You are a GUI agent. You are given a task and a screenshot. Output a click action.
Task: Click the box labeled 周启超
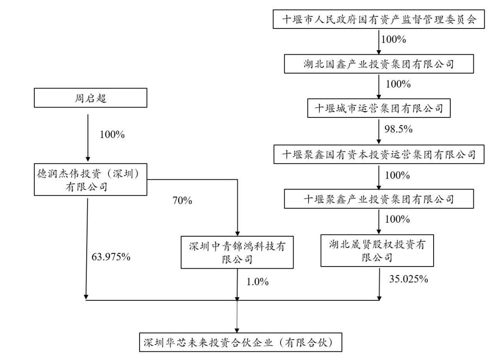[x=91, y=98]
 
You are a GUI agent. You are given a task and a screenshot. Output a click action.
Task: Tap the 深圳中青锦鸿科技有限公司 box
[x=237, y=252]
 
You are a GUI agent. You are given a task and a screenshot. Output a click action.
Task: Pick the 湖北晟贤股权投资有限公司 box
[x=379, y=250]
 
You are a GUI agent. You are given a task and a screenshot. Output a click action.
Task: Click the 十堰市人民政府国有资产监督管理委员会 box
[x=379, y=19]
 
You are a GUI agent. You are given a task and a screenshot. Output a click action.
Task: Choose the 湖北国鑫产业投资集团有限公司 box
[x=379, y=64]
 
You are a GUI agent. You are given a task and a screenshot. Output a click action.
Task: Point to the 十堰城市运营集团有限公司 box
[x=379, y=108]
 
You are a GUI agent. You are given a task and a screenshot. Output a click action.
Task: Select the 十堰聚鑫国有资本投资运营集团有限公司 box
[x=379, y=154]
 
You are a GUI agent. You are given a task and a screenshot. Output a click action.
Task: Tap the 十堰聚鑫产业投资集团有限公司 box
[x=379, y=198]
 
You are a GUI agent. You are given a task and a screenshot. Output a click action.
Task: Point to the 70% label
[x=182, y=200]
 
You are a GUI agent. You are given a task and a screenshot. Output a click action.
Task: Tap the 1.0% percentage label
[x=257, y=282]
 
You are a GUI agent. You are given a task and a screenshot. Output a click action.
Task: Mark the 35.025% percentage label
[x=408, y=279]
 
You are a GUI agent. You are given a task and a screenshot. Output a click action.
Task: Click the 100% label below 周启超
[x=111, y=135]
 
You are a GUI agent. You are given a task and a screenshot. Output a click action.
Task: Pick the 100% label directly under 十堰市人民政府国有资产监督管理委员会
[x=394, y=39]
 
